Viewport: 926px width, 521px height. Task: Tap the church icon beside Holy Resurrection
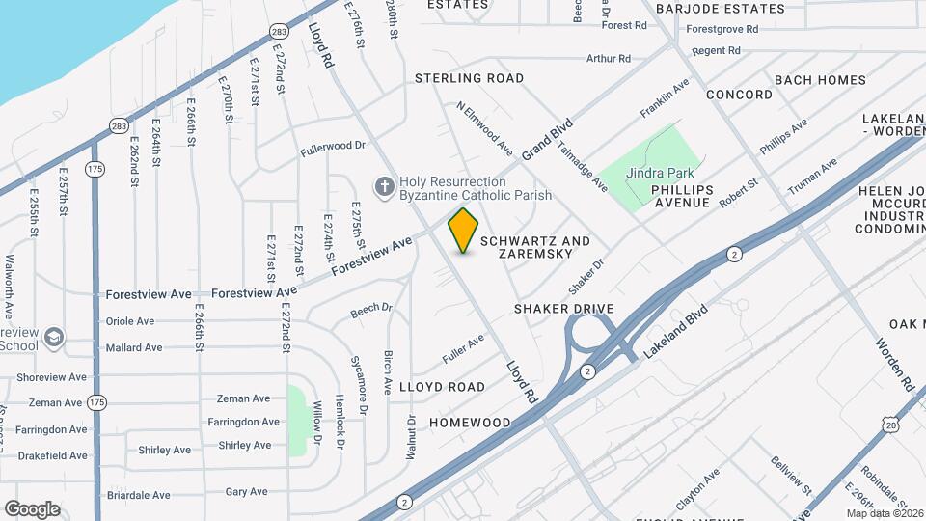point(384,186)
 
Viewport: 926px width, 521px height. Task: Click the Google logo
point(32,509)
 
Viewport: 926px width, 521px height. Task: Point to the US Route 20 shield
point(889,425)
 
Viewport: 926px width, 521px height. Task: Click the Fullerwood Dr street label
point(333,147)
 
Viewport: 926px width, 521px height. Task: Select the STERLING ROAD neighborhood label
point(469,78)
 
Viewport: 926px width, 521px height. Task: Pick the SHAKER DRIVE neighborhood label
point(563,309)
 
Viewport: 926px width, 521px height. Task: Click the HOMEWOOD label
point(470,423)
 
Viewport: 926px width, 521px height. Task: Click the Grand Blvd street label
point(548,140)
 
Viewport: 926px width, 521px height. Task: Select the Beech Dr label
point(371,309)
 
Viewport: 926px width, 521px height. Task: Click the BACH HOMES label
point(820,80)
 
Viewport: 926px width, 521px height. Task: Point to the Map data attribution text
point(885,513)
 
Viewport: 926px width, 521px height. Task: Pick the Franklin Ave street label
point(666,99)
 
